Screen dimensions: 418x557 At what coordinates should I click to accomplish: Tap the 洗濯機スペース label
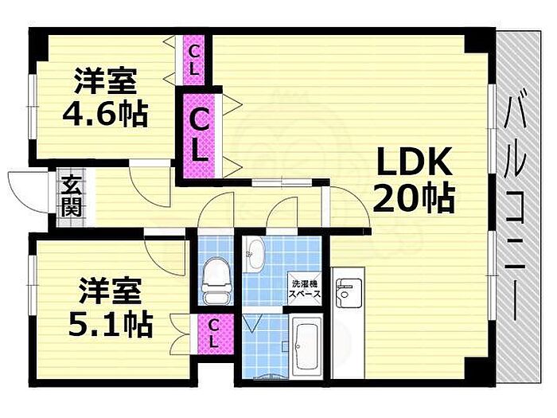[x=304, y=289]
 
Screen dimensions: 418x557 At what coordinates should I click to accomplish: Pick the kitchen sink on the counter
[x=348, y=295]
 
